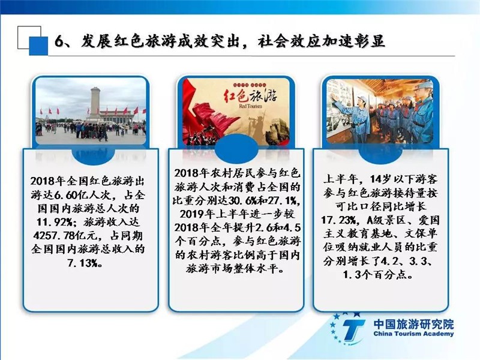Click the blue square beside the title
pos(38,46)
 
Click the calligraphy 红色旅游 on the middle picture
pos(250,96)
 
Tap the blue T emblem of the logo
pos(353,330)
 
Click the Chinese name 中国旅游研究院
pos(413,324)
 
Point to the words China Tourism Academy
pos(413,334)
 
